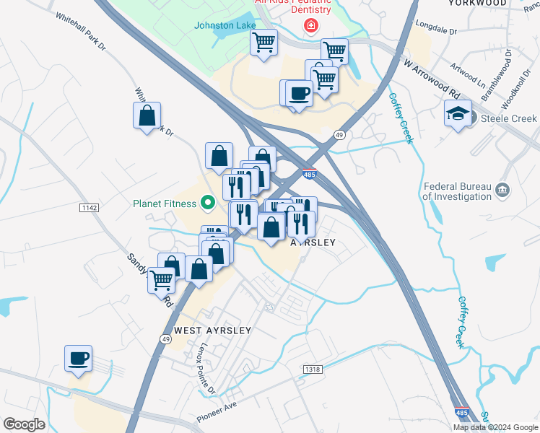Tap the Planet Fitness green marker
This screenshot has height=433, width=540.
pyautogui.click(x=209, y=203)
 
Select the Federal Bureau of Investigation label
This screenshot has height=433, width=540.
pyautogui.click(x=457, y=190)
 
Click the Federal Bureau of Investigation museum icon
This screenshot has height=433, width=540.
pyautogui.click(x=502, y=190)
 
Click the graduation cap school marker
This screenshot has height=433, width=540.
pyautogui.click(x=458, y=113)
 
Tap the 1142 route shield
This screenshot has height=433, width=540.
pyautogui.click(x=90, y=208)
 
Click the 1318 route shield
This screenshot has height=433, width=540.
pyautogui.click(x=313, y=369)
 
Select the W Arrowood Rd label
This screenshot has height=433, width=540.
pyautogui.click(x=432, y=79)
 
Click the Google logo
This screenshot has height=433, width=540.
pyautogui.click(x=24, y=424)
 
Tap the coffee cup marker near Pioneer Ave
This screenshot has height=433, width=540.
pyautogui.click(x=79, y=358)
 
